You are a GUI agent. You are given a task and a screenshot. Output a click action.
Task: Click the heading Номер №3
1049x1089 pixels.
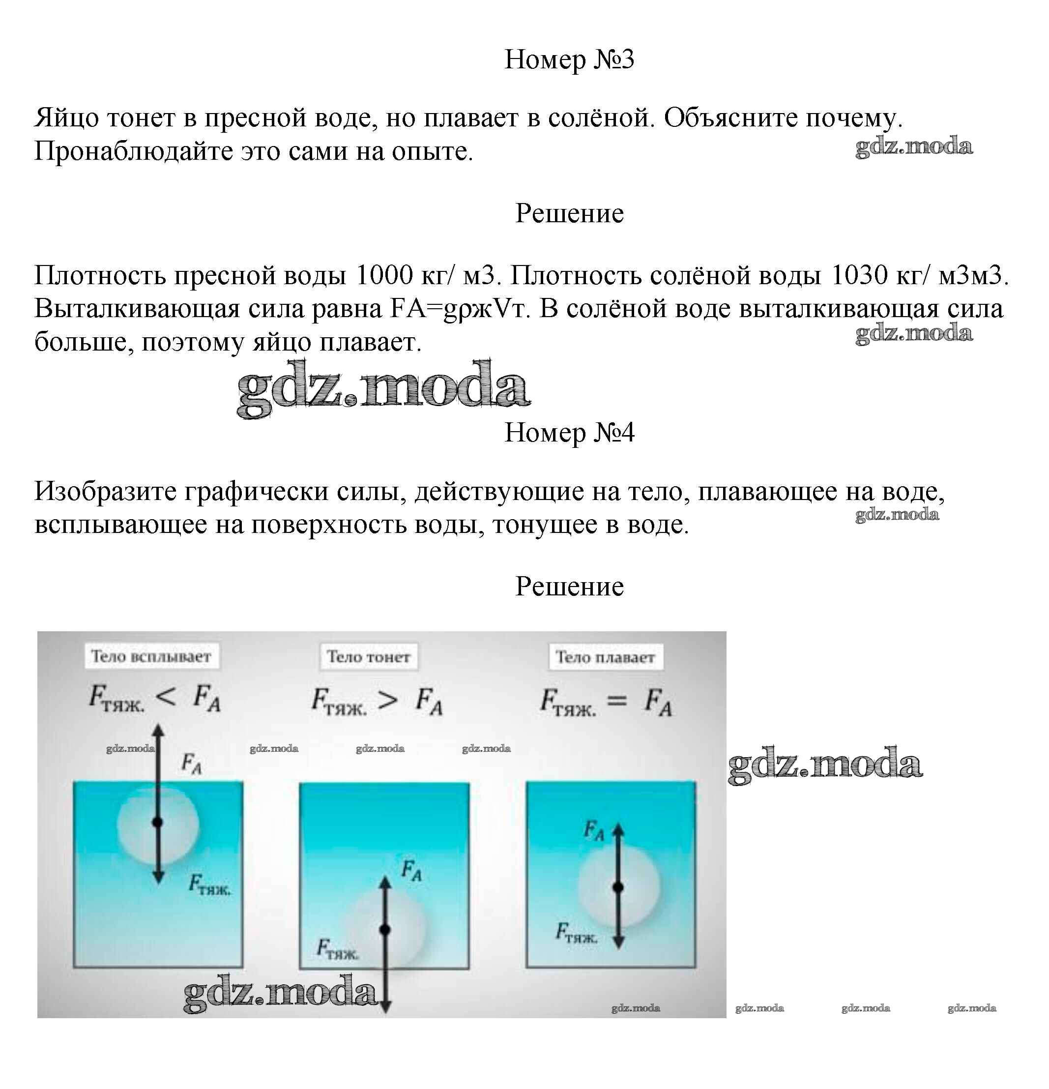[569, 59]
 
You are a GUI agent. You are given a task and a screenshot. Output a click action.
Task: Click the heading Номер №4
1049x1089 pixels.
[569, 433]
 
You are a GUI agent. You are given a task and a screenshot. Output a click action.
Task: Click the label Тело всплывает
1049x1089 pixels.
[151, 656]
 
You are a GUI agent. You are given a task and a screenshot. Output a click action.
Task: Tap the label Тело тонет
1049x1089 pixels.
[368, 657]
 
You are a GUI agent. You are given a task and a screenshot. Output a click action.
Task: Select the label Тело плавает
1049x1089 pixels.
[605, 657]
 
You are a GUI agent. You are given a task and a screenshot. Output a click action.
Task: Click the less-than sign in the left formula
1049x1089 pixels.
[167, 696]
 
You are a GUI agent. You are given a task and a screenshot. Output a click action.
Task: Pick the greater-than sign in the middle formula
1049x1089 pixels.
[387, 700]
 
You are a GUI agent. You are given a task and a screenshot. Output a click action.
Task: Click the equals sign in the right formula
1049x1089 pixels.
[617, 701]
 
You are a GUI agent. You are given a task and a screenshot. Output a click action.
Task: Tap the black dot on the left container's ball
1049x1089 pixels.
[158, 822]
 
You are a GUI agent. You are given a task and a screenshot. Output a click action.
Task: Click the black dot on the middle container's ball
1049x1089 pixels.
[385, 930]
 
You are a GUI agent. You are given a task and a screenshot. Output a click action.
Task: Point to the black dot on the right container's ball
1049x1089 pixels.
[618, 888]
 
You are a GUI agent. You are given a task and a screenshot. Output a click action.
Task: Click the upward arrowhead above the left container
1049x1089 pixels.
[158, 730]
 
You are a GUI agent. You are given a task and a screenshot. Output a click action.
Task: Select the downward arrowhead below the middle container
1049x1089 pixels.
[385, 1007]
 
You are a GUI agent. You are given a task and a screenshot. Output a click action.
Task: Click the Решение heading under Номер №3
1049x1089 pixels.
[569, 213]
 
